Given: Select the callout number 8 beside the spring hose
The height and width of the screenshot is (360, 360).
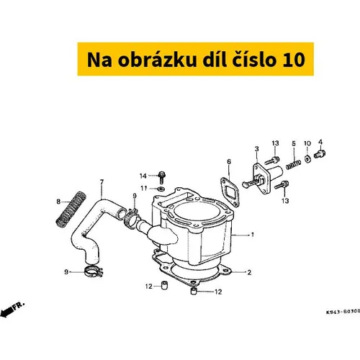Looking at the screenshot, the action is pyautogui.click(x=58, y=202).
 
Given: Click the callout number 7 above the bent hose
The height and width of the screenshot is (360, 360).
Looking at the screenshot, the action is pyautogui.click(x=102, y=182).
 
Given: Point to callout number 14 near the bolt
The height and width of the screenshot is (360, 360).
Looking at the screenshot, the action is pyautogui.click(x=143, y=176).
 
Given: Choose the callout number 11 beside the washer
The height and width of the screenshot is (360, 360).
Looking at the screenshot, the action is pyautogui.click(x=143, y=189).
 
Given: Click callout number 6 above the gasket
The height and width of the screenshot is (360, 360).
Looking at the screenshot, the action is pyautogui.click(x=229, y=162).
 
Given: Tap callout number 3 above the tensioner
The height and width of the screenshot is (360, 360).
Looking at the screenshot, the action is pyautogui.click(x=257, y=149).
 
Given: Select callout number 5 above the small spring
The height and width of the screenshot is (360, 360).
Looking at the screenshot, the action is pyautogui.click(x=294, y=143).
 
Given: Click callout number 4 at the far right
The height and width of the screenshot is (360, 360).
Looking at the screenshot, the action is pyautogui.click(x=320, y=142).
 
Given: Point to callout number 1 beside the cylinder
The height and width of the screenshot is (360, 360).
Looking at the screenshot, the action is pyautogui.click(x=253, y=235).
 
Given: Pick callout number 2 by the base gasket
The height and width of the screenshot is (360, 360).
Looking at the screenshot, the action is pyautogui.click(x=249, y=272).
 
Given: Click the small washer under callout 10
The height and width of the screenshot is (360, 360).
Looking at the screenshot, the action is pyautogui.click(x=307, y=158).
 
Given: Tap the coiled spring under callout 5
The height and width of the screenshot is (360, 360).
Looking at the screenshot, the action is pyautogui.click(x=293, y=164).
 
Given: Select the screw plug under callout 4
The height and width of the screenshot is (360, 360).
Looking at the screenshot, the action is pyautogui.click(x=320, y=153).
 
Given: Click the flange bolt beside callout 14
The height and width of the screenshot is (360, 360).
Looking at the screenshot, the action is pyautogui.click(x=162, y=177).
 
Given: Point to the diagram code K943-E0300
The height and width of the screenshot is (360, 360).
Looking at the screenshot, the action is pyautogui.click(x=343, y=312).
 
